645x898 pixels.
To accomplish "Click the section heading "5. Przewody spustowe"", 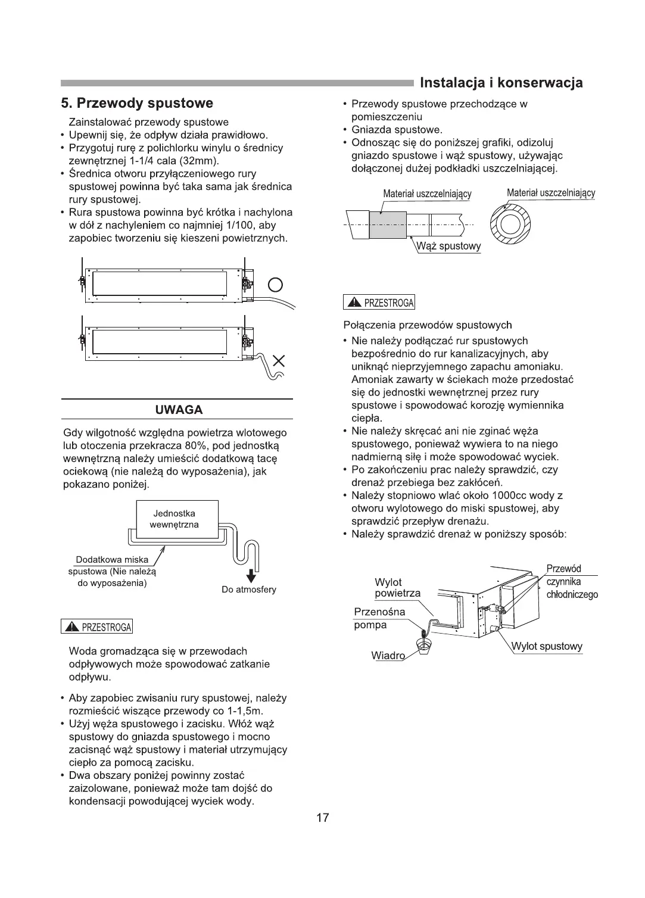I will pyautogui.click(x=138, y=104).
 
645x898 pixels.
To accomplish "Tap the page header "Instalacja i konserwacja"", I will pyautogui.click(x=501, y=83).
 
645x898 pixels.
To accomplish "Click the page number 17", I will pyautogui.click(x=322, y=818).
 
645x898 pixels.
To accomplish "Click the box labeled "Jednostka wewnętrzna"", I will pyautogui.click(x=174, y=519).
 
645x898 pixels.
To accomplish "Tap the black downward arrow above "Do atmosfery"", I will pyautogui.click(x=251, y=575).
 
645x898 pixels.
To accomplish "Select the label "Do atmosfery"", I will pyautogui.click(x=249, y=590).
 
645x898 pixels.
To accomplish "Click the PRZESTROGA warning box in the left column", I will pyautogui.click(x=97, y=627).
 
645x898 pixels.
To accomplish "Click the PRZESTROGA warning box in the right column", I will pyautogui.click(x=379, y=303).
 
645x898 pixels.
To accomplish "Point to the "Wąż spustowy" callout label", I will pyautogui.click(x=449, y=246).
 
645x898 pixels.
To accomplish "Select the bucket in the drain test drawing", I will pyautogui.click(x=425, y=645).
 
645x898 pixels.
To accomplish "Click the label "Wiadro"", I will pyautogui.click(x=388, y=656).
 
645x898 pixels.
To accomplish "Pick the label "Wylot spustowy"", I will pyautogui.click(x=547, y=646).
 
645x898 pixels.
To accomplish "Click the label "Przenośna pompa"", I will pyautogui.click(x=379, y=618).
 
